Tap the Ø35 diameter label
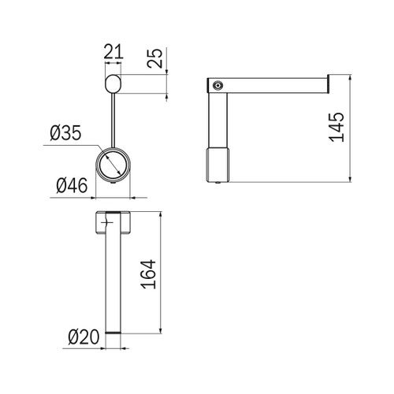tap(65, 133)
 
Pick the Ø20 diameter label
tap(83, 337)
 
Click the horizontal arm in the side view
tap(276, 84)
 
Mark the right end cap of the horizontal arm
tap(326, 84)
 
